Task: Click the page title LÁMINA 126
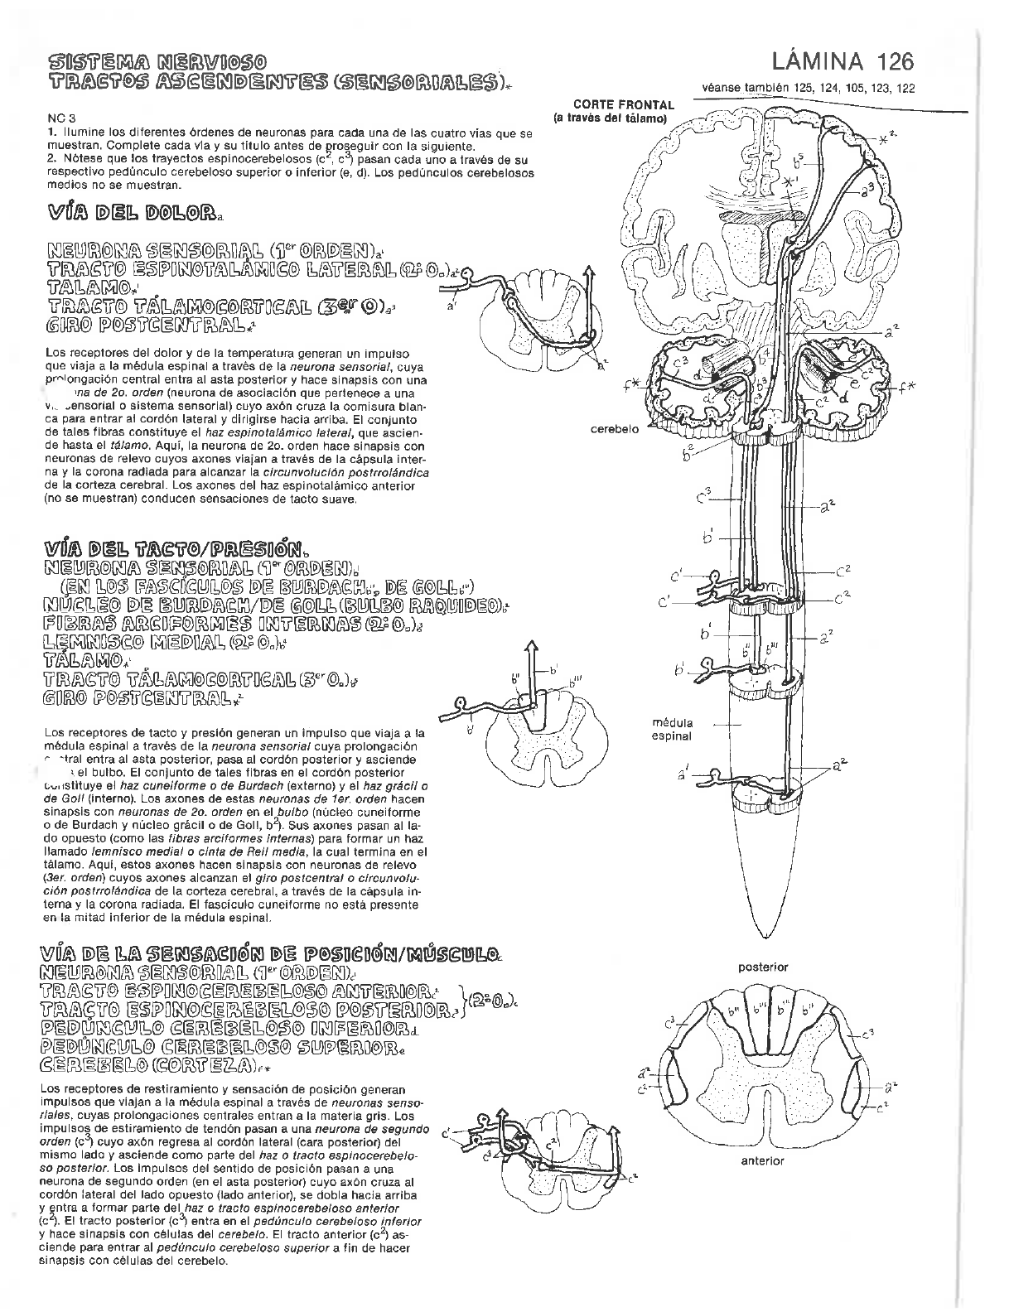click(843, 63)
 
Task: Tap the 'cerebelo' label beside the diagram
click(614, 429)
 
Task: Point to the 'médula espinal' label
click(673, 729)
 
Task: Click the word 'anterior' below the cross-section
click(762, 1160)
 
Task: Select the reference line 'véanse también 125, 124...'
click(808, 89)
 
